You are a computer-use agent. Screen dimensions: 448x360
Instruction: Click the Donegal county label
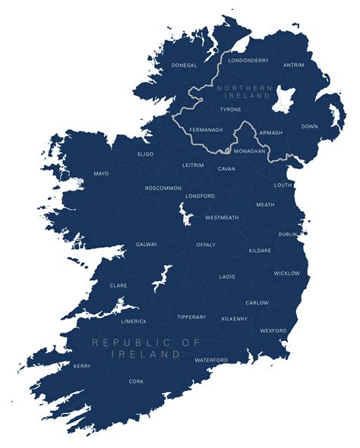click(x=184, y=65)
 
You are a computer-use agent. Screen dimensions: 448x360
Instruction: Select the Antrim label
click(x=293, y=65)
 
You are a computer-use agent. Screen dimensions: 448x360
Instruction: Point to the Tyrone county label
click(x=230, y=109)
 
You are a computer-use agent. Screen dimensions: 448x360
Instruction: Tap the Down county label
click(x=310, y=126)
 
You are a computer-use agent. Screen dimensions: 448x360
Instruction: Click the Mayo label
click(x=101, y=173)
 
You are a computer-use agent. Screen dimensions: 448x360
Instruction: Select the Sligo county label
click(x=145, y=154)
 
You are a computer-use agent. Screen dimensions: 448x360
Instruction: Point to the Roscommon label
click(x=163, y=188)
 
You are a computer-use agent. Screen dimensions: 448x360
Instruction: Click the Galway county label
click(x=146, y=245)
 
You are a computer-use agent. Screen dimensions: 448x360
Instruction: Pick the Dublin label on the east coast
click(x=288, y=235)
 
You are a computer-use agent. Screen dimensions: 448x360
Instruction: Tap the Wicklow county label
click(x=286, y=273)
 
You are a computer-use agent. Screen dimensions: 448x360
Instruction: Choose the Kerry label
click(x=82, y=366)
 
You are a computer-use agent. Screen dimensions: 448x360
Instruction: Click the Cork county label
click(x=136, y=381)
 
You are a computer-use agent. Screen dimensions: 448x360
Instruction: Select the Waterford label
click(x=211, y=360)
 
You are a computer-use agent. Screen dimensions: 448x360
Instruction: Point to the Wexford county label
click(x=273, y=330)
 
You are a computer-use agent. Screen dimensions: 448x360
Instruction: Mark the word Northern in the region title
click(x=244, y=88)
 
